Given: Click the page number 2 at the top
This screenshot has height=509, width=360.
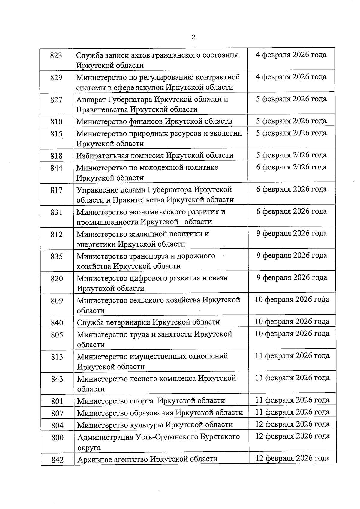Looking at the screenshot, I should coord(193,37).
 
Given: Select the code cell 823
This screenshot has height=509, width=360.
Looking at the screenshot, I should coord(56,56).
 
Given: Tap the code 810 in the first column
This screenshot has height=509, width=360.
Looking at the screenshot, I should coord(56,122).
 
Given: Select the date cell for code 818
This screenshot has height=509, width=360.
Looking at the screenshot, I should coord(291,155).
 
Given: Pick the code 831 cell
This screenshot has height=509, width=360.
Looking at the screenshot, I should coord(56,212).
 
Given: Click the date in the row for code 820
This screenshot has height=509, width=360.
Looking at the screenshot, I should coord(292,277).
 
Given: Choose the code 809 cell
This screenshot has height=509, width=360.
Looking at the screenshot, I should coord(57,301).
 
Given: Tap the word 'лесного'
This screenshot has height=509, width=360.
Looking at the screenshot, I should coord(145,379).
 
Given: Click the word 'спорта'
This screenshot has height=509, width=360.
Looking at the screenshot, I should coord(142,401).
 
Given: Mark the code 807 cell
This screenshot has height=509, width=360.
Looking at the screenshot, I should coord(57,413).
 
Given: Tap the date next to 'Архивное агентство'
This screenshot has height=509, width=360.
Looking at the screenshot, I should coord(292,458).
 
